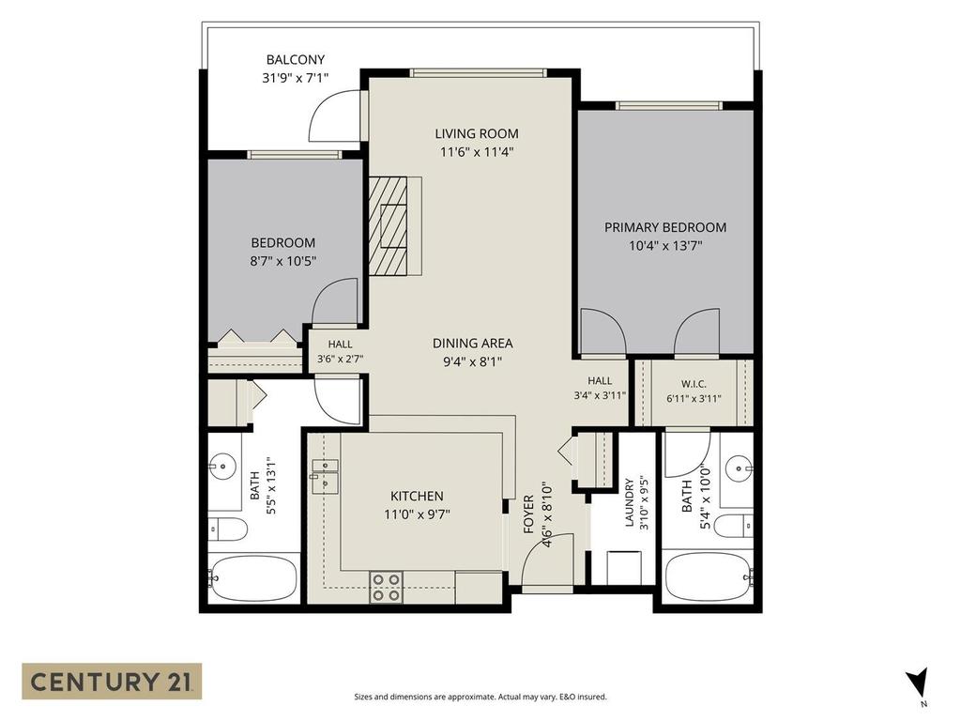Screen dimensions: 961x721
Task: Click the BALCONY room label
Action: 296,59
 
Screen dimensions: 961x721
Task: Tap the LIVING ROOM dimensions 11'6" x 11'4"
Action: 476,152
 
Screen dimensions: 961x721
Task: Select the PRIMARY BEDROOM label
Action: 665,227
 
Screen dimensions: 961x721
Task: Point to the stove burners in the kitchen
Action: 386,587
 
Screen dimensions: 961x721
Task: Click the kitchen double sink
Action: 324,476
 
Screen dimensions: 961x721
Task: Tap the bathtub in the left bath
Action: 253,578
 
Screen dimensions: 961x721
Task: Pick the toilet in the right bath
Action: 733,526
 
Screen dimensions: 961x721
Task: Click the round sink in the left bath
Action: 222,466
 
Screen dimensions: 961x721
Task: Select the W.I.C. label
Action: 694,384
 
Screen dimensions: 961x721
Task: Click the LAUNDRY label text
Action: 630,503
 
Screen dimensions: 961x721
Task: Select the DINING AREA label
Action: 473,344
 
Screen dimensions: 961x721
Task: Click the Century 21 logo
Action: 112,682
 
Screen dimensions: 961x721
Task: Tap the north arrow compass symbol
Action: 918,682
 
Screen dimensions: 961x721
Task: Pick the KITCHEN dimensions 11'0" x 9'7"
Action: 417,514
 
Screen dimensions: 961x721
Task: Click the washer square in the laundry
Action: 624,568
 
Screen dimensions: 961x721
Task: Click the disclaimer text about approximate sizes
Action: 480,698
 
